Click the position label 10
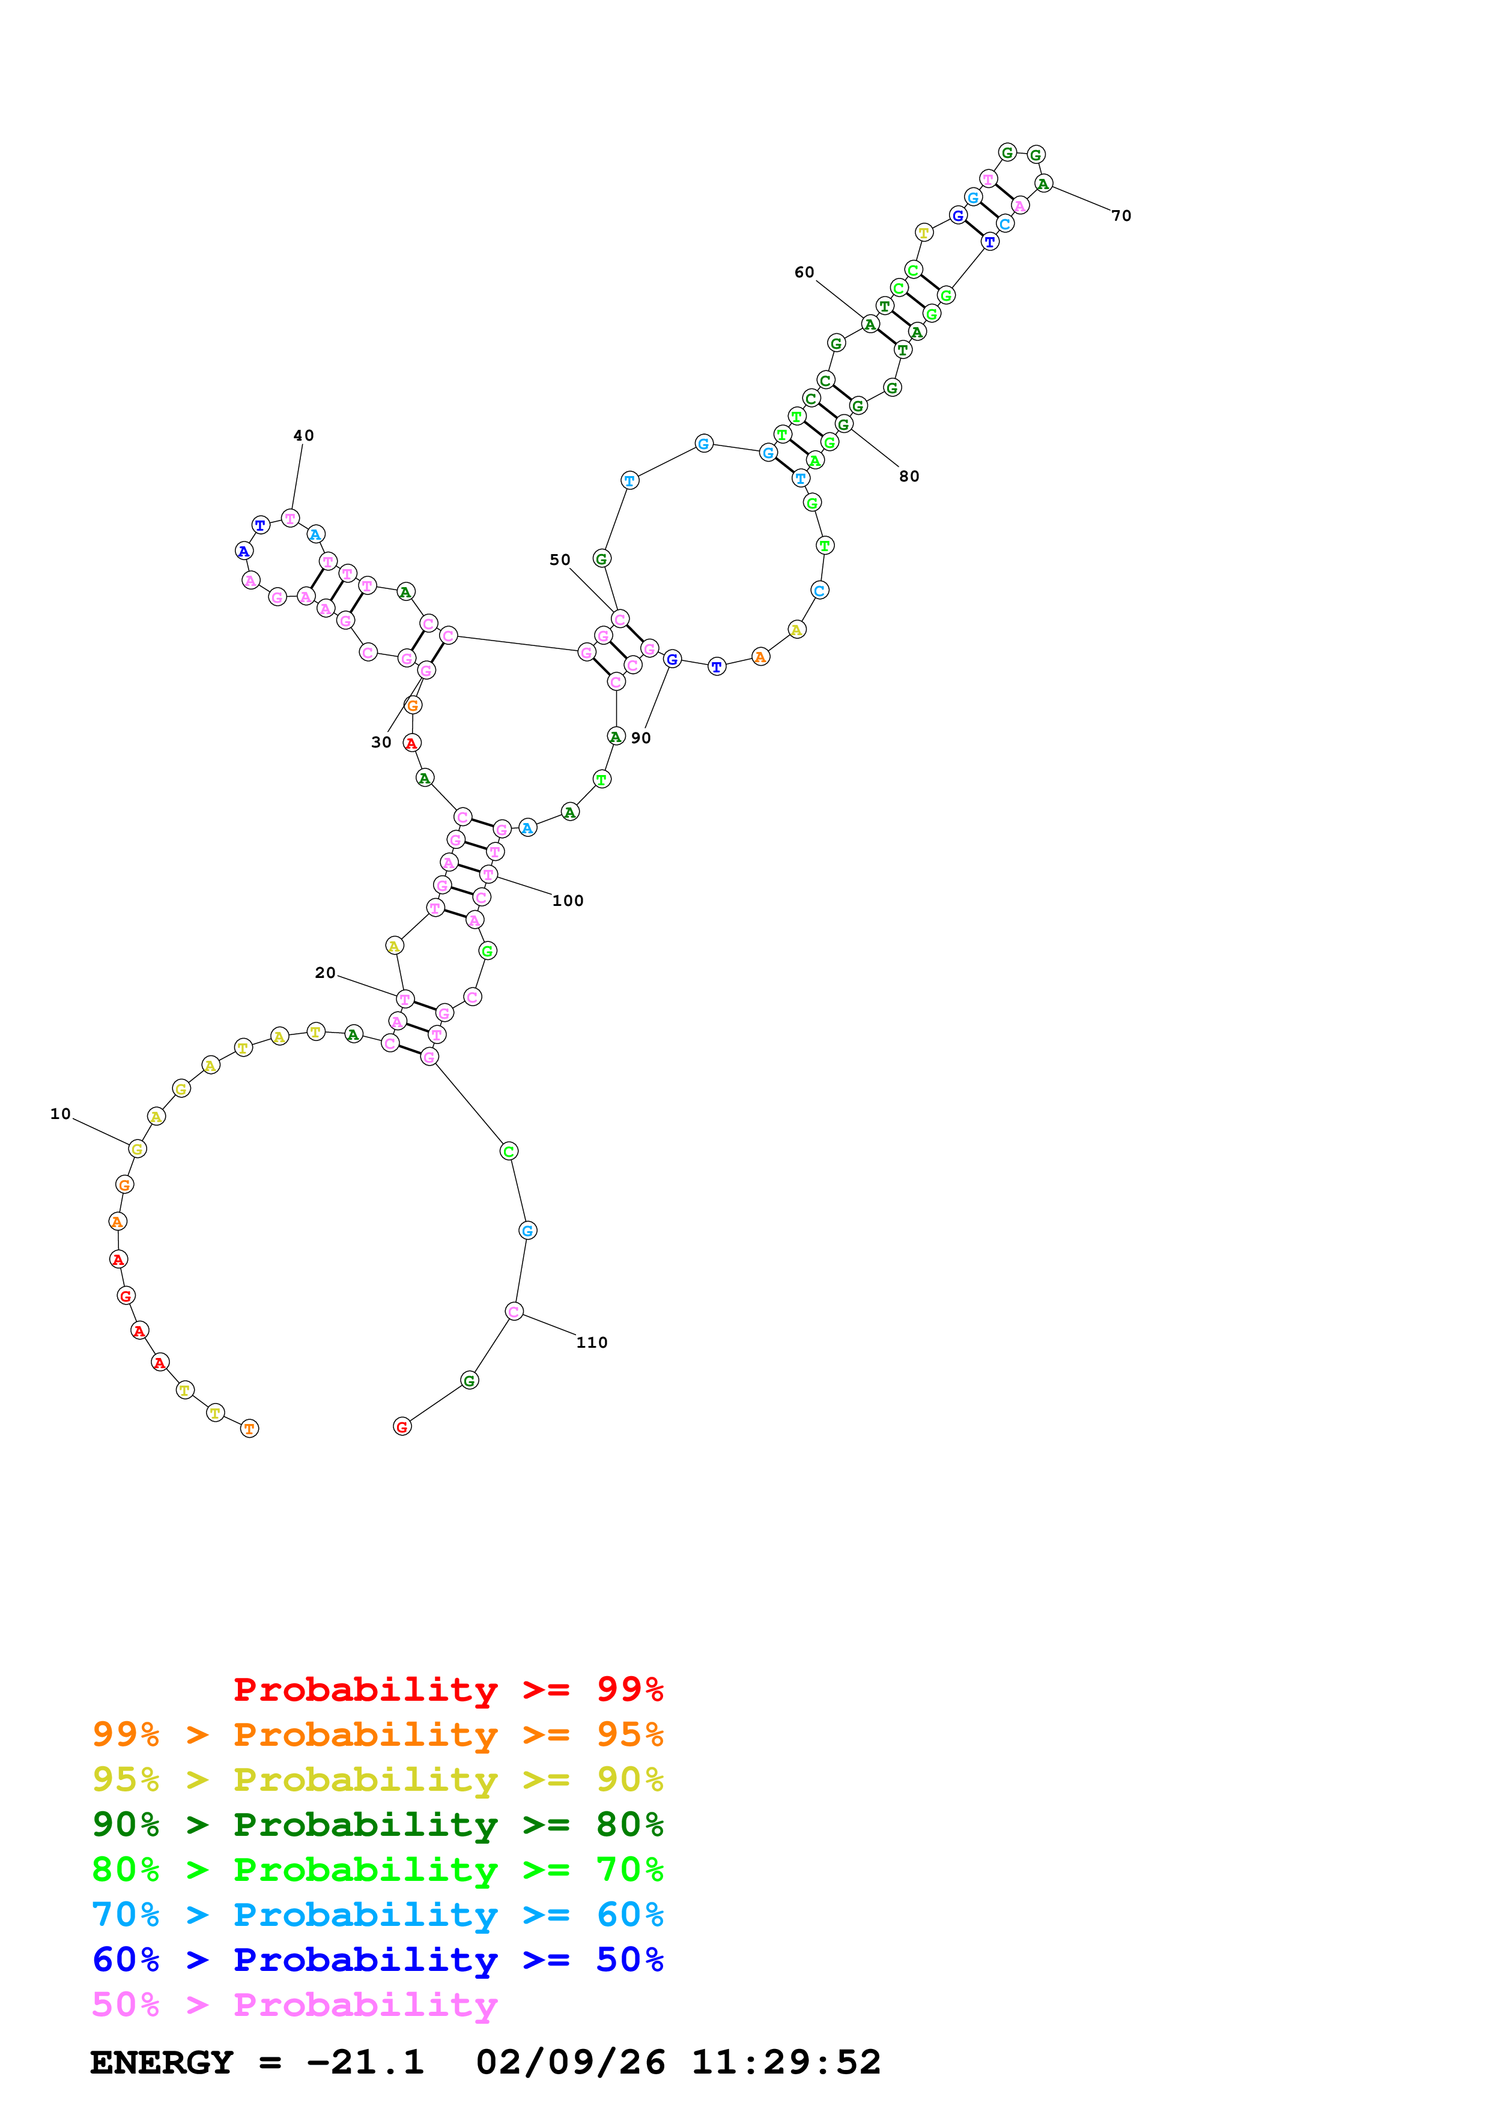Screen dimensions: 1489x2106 61,1114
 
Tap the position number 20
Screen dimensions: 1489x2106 326,973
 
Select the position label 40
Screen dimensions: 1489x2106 304,436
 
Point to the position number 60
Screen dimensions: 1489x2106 805,273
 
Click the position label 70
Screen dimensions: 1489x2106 1121,216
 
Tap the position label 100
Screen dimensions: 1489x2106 568,901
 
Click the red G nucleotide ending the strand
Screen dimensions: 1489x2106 402,1426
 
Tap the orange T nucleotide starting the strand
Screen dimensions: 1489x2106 249,1428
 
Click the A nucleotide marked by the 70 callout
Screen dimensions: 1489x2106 1043,184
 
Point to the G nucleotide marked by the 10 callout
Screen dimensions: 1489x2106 138,1148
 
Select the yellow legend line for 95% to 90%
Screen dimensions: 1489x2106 377,1779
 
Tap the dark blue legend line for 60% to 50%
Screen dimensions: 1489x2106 377,1960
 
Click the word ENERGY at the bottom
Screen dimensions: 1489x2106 162,2063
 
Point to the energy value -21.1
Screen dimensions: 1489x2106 365,2063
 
